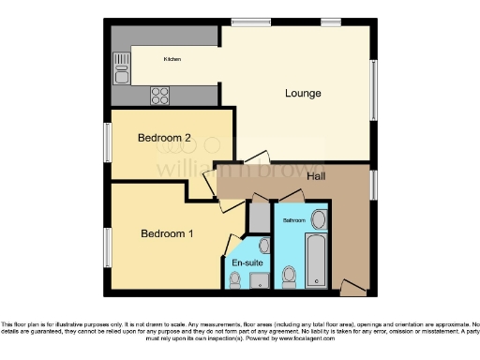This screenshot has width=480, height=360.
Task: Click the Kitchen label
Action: point(172,59)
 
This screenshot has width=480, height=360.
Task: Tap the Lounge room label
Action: point(304,94)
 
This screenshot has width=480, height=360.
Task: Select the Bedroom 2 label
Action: point(164,139)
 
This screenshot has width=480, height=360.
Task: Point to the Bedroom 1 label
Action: point(167,233)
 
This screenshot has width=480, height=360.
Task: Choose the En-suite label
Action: point(246,263)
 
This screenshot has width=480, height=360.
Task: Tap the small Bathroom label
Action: point(294,220)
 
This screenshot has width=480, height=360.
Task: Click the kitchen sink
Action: point(122,64)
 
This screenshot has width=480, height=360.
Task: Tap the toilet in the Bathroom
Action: point(290,275)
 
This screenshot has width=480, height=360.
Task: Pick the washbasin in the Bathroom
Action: point(318,221)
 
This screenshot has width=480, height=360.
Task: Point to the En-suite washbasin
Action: point(263,246)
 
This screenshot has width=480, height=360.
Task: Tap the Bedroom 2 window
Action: point(107,142)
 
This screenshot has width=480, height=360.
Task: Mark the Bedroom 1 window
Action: point(107,246)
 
